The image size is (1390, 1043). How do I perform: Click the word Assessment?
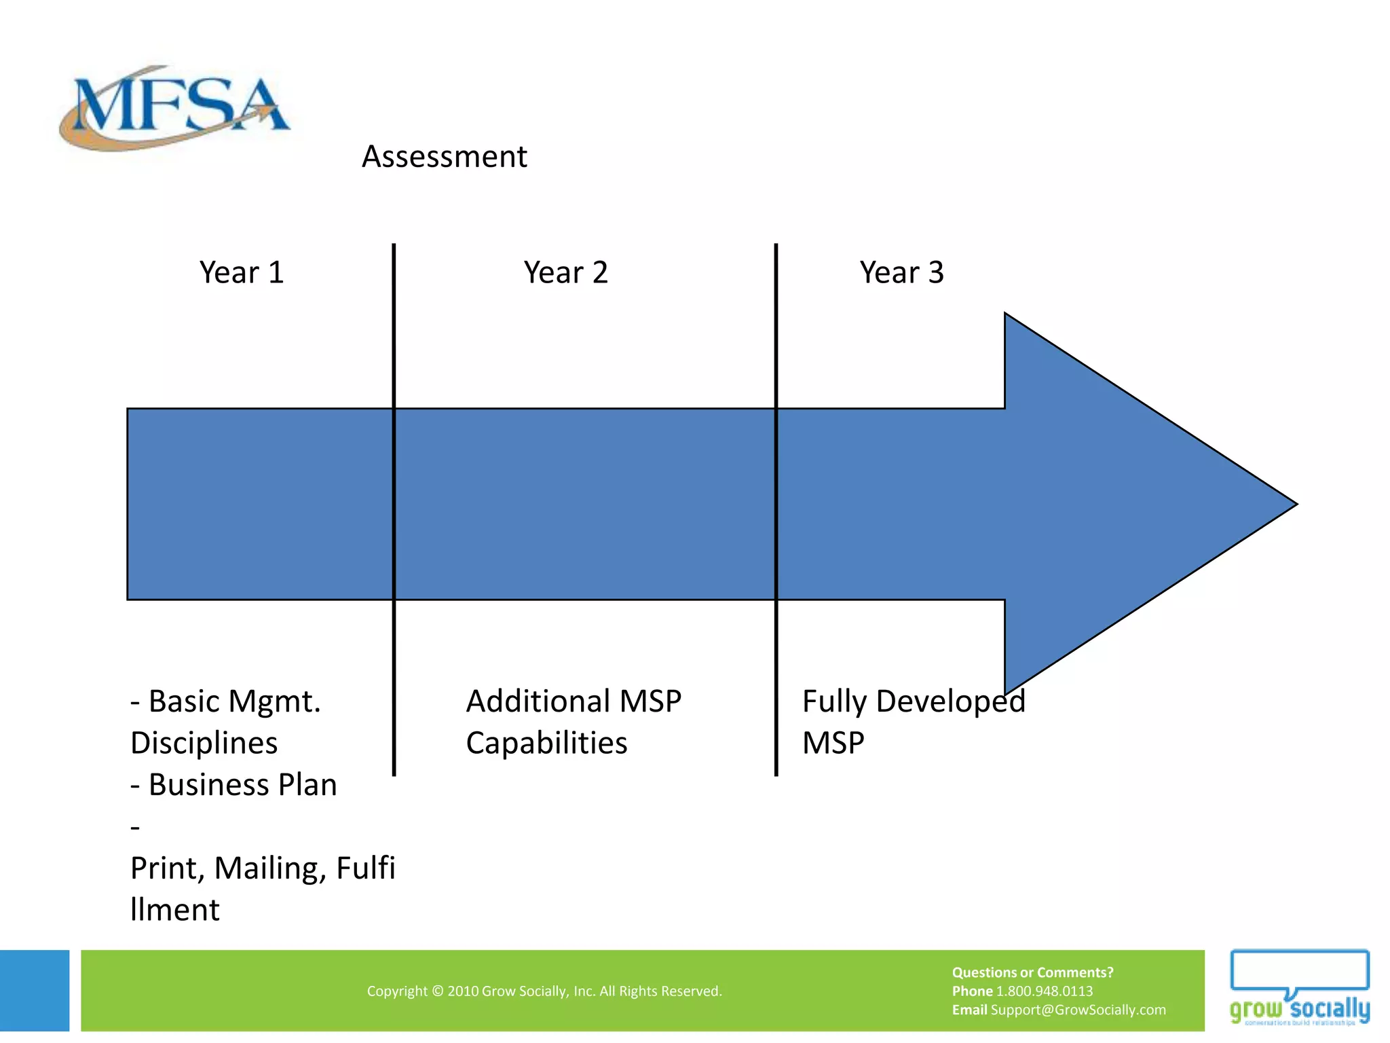tap(444, 157)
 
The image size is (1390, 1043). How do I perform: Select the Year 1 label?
tap(241, 273)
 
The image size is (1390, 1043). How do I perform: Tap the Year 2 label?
tap(565, 273)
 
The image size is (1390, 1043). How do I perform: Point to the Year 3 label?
tap(901, 273)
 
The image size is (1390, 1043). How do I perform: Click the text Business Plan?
tap(242, 785)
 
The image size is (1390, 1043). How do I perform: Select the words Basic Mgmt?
tap(234, 701)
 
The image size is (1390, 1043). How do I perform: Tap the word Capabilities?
tap(546, 743)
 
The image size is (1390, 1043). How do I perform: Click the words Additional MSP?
tap(574, 701)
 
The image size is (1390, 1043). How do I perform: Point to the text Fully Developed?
tap(913, 701)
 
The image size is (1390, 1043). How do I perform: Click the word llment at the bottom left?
tap(175, 910)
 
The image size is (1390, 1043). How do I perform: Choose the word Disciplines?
tap(204, 743)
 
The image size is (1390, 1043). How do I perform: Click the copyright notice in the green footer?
tap(544, 991)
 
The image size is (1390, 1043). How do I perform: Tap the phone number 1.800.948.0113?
tap(1044, 991)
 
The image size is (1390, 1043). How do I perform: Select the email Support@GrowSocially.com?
tap(1078, 1010)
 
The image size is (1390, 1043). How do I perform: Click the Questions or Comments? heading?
tap(1032, 972)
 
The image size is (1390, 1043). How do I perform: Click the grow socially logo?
tap(1299, 989)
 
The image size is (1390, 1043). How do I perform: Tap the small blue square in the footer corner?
tap(35, 990)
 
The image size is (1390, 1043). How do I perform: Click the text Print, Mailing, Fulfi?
tap(263, 868)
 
